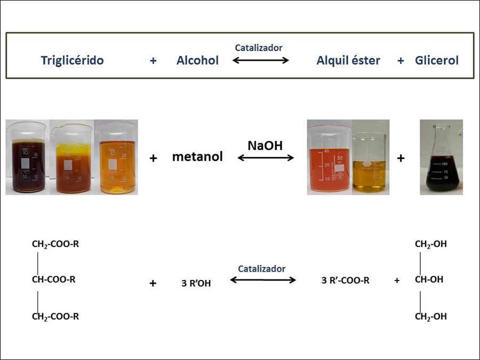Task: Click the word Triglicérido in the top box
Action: [x=72, y=61]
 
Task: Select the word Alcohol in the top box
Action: [x=197, y=60]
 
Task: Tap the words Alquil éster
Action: [x=348, y=61]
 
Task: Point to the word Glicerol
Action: [x=436, y=60]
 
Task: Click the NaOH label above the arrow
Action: [x=265, y=146]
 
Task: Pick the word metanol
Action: [x=197, y=157]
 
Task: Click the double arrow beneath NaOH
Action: [x=266, y=158]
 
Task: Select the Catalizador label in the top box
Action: [x=259, y=48]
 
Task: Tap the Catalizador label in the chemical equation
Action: [x=262, y=269]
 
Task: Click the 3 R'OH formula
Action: [x=196, y=283]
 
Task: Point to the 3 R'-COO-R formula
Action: [x=345, y=280]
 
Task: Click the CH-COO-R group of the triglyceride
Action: [x=53, y=279]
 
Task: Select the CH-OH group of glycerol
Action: [x=429, y=279]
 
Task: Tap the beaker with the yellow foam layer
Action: [x=72, y=158]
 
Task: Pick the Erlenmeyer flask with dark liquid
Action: [x=442, y=159]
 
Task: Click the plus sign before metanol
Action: [x=154, y=158]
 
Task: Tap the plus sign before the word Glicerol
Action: [x=401, y=61]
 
